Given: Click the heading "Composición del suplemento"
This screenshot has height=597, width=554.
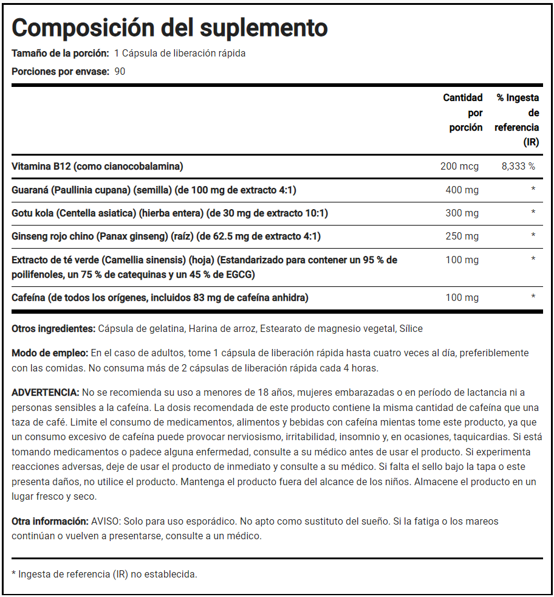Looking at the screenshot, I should pos(169,27).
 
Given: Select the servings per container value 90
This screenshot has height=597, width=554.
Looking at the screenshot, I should pos(120,71).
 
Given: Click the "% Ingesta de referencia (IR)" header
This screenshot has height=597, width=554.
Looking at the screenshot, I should pos(517,120).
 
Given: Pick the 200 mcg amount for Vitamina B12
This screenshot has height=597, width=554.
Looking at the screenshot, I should pos(459,167).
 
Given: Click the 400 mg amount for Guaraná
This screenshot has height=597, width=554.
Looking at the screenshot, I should pos(462,190).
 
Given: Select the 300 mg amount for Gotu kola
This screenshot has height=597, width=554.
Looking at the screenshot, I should pos(462,213).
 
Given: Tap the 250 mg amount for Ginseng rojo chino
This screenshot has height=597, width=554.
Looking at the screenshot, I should pos(462,236).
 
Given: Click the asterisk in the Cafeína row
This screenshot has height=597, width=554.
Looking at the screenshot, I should pos(533,297).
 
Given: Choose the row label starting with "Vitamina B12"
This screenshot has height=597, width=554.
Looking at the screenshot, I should pos(97,167).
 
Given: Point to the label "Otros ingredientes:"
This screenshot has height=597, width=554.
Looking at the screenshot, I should pos(53,329).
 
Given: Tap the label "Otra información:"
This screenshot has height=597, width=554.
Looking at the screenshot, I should pos(50,522).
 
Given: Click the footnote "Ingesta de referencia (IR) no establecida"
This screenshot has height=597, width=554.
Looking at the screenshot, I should pos(108,574).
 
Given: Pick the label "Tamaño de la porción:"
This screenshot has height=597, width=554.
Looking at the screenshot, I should pos(60,53).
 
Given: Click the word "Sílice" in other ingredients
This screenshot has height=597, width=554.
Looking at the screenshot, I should pos(410,329).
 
